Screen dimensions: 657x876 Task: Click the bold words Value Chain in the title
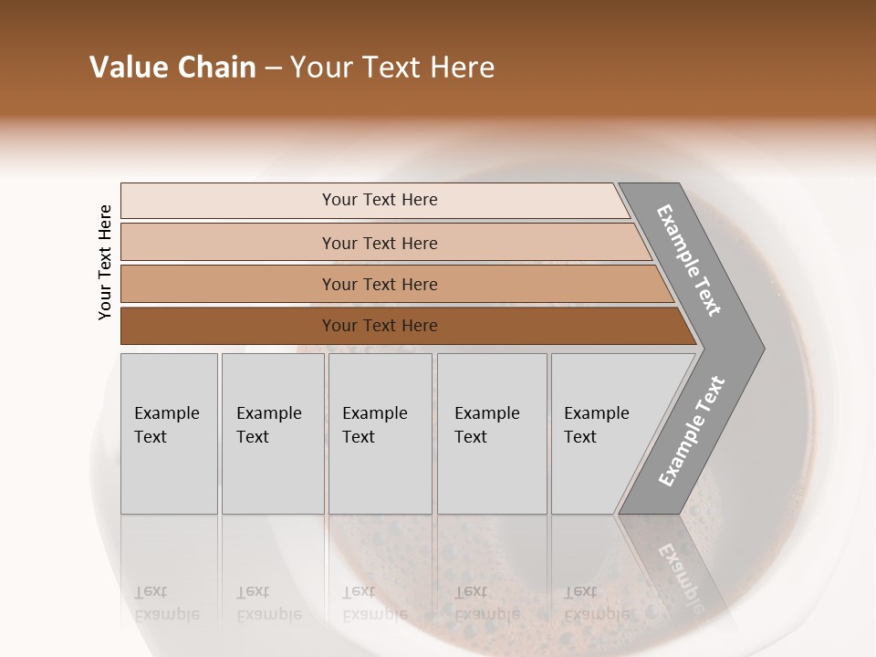[172, 68]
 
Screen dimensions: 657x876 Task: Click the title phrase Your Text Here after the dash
[392, 68]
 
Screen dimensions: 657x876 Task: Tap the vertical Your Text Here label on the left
[105, 262]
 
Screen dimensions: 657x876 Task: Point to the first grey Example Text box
[169, 433]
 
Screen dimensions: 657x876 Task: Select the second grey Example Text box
[273, 433]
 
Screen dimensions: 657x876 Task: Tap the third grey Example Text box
[380, 433]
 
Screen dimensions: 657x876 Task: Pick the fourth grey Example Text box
[492, 433]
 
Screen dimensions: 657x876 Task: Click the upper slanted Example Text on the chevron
[689, 260]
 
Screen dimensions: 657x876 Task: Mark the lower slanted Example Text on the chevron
[691, 431]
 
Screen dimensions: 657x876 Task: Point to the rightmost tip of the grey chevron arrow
[763, 349]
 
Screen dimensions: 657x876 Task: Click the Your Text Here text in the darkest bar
[380, 326]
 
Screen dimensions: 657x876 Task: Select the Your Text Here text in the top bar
[380, 200]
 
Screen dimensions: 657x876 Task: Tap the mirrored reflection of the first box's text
[166, 603]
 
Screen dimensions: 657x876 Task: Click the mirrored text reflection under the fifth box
[596, 603]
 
